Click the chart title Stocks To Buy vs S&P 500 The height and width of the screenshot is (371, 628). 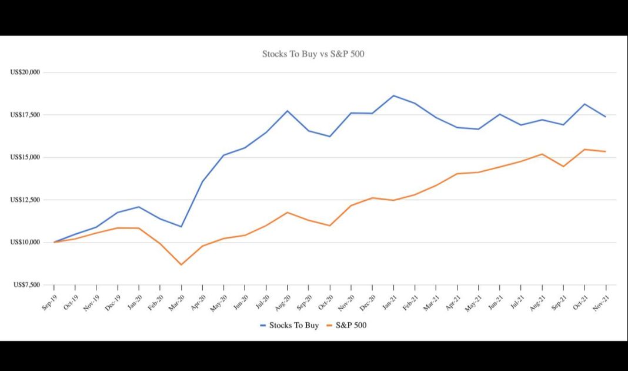click(x=314, y=54)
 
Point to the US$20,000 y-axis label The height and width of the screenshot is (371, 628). click(x=25, y=72)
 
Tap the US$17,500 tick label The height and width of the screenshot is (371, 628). click(x=25, y=115)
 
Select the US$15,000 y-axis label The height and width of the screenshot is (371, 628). click(x=25, y=157)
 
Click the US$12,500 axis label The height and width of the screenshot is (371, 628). click(x=25, y=200)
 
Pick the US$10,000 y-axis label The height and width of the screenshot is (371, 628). click(x=25, y=243)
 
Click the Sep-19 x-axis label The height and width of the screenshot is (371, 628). click(x=50, y=302)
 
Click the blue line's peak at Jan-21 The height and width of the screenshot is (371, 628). click(x=393, y=95)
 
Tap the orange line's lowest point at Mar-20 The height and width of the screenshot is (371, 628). click(x=181, y=264)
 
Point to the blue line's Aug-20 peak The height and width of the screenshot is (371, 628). click(x=288, y=111)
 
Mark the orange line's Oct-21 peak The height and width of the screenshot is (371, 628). click(x=584, y=150)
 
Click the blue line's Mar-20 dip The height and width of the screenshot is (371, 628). click(x=181, y=227)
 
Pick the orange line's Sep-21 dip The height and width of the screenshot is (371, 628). click(x=563, y=167)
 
